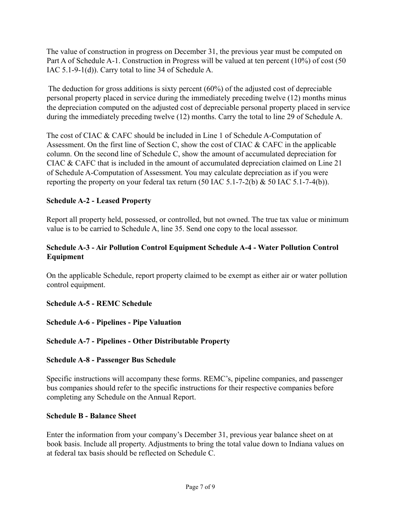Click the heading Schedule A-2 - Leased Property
99,201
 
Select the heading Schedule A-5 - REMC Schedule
99,304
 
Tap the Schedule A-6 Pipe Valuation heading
114,323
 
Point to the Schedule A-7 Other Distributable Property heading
138,341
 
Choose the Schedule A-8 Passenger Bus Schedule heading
111,360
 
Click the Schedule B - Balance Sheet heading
91,416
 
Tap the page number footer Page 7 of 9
200,487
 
